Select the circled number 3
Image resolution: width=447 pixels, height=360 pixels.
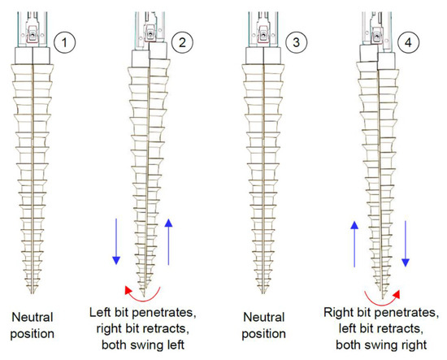293,37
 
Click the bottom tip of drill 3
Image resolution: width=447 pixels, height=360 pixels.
262,292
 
